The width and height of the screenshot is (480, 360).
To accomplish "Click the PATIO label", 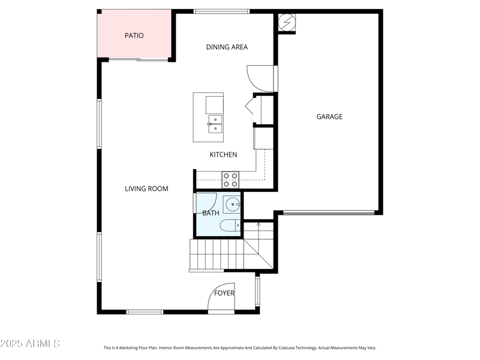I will click(x=134, y=35).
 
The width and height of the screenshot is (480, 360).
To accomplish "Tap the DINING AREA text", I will click(x=227, y=47).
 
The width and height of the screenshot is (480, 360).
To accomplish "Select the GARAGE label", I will click(x=329, y=117).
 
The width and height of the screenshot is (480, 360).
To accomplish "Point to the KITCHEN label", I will click(x=223, y=155).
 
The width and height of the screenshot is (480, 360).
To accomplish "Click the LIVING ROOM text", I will click(x=146, y=189).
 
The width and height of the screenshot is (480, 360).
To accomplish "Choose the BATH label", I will click(x=211, y=213).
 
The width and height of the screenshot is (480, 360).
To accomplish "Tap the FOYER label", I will click(x=224, y=293).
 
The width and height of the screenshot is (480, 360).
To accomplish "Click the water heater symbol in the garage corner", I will click(x=287, y=23).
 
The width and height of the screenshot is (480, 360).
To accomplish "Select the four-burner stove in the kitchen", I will click(x=230, y=180).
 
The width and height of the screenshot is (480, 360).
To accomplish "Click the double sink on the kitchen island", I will click(x=215, y=124).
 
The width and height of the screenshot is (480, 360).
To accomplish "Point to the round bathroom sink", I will click(x=232, y=205).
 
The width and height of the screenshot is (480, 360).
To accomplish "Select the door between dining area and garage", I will click(x=262, y=78).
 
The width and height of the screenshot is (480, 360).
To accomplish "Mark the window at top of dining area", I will click(x=221, y=11).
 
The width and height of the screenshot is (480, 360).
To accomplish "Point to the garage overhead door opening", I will click(x=329, y=212).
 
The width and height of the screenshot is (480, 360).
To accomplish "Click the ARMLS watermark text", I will click(x=30, y=344).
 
